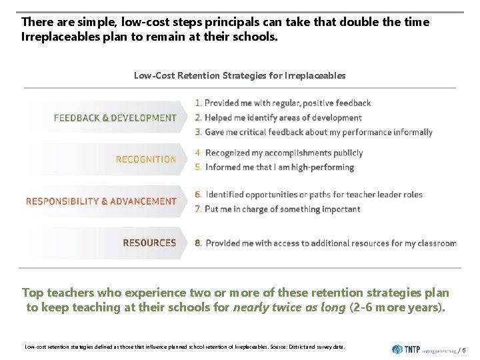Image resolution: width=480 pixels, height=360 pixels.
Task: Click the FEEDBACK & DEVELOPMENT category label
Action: click(x=115, y=118)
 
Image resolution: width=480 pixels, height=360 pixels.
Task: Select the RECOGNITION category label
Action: click(x=145, y=159)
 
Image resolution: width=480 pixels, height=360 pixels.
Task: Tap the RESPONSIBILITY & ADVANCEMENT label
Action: click(x=101, y=201)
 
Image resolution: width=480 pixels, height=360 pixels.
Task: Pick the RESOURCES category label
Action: click(x=149, y=243)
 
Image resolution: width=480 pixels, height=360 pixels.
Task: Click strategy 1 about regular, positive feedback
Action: click(x=283, y=103)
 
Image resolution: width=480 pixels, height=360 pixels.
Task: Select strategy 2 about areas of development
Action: click(x=278, y=118)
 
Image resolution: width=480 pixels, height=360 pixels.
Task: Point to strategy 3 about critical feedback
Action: click(x=313, y=132)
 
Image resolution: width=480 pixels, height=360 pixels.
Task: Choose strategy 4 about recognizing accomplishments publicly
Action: click(x=279, y=153)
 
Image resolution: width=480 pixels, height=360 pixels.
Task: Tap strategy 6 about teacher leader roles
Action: click(x=308, y=195)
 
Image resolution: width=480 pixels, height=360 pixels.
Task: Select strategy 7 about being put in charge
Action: click(x=277, y=209)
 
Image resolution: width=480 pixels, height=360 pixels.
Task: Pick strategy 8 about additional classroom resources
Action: click(x=325, y=243)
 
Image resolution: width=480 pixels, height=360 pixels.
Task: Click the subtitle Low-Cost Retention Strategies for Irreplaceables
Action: click(x=239, y=75)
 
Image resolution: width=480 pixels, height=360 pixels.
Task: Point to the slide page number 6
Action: click(x=463, y=350)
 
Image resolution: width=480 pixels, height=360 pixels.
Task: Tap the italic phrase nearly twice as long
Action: click(x=289, y=307)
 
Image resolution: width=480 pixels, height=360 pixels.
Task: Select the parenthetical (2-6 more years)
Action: click(x=396, y=307)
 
